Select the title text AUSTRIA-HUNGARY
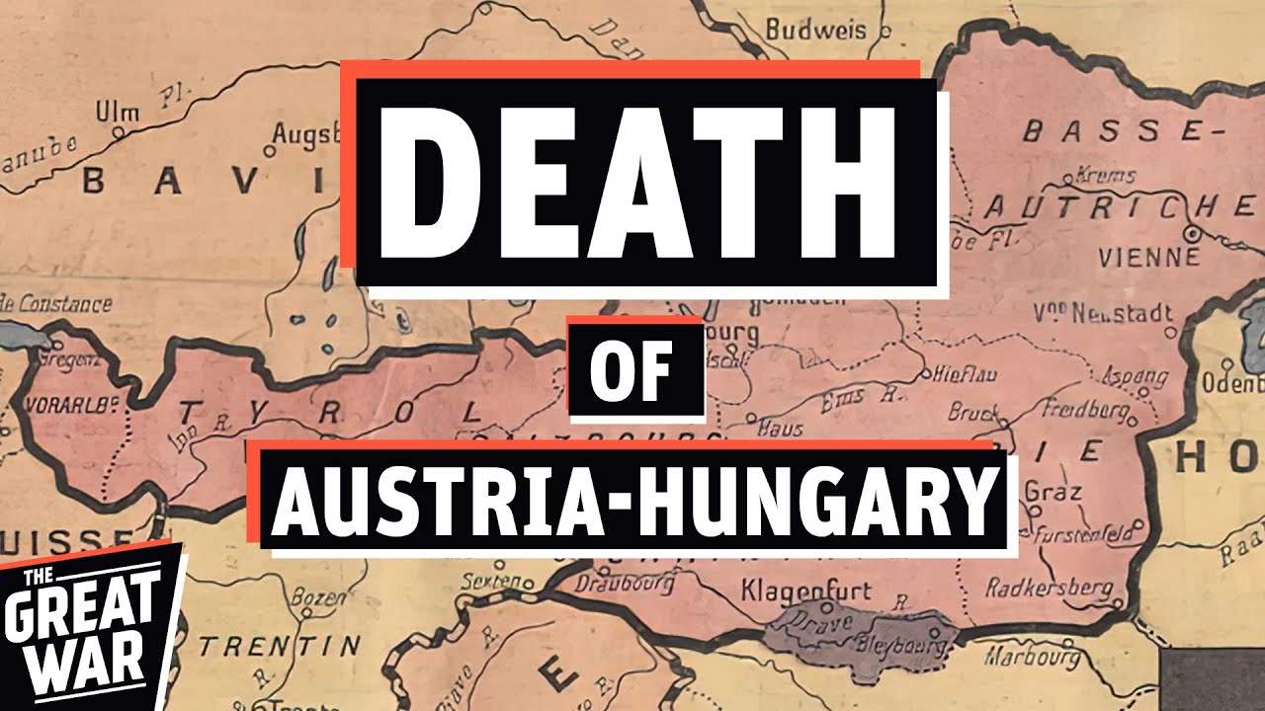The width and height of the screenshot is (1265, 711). coord(632,500)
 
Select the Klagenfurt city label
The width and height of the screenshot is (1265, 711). coord(806,592)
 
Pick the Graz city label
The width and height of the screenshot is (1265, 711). coord(1054,492)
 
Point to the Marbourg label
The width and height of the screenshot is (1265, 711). coord(1032,656)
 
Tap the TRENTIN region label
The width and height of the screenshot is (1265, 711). coord(281,647)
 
